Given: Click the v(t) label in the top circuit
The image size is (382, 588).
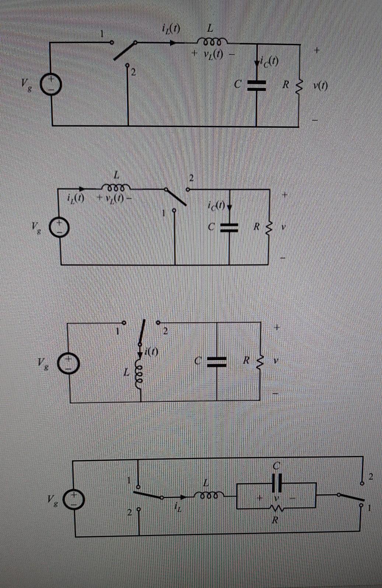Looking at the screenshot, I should pyautogui.click(x=320, y=86).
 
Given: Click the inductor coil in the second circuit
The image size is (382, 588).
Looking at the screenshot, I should pyautogui.click(x=115, y=186).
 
